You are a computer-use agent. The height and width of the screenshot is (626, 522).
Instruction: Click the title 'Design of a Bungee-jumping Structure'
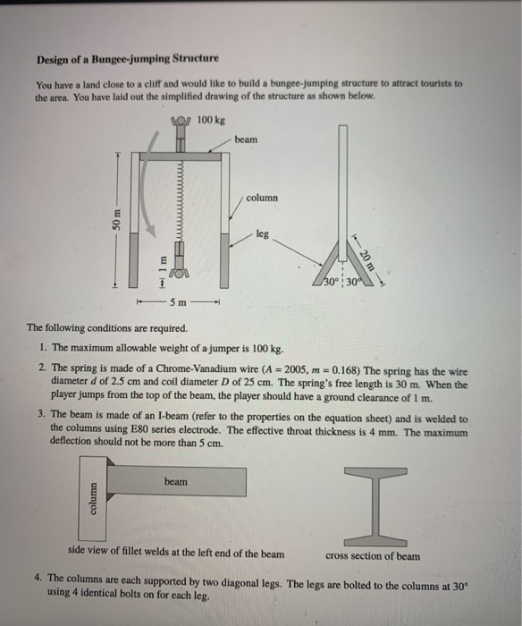pos(127,59)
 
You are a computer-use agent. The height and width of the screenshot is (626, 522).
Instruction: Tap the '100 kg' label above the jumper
pos(211,119)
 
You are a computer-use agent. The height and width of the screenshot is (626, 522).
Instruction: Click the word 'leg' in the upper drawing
pos(262,233)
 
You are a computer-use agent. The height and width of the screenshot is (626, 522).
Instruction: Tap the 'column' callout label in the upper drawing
pos(262,197)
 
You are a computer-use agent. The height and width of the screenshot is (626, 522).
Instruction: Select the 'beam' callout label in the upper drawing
pos(246,140)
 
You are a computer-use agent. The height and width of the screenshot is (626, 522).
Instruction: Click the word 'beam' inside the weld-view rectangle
pos(175,481)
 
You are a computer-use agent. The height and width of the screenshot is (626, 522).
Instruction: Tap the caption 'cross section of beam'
pos(370,555)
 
